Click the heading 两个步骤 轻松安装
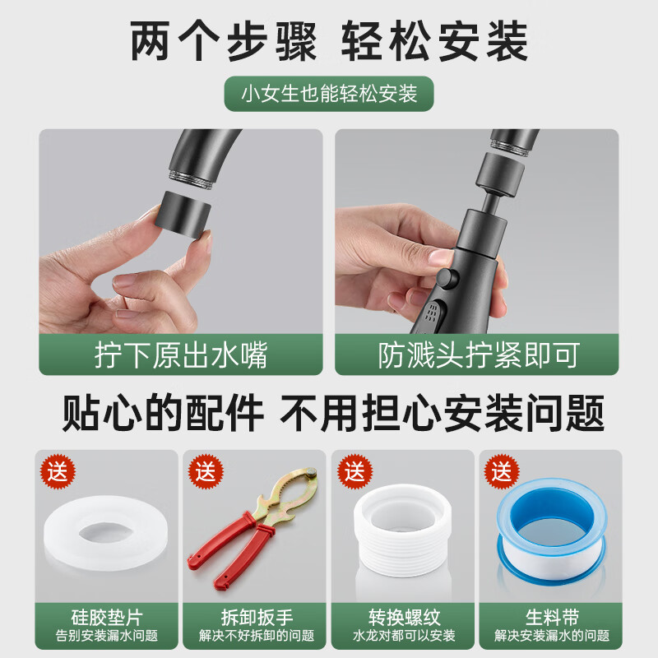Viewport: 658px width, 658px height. click(x=329, y=41)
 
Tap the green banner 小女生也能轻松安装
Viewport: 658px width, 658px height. click(x=329, y=93)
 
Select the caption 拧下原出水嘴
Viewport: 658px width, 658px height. click(x=180, y=355)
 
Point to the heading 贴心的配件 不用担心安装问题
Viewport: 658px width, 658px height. click(x=329, y=412)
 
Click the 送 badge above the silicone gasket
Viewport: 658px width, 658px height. click(x=59, y=472)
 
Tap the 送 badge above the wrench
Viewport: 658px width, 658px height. click(x=206, y=472)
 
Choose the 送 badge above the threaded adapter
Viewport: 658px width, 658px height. click(x=354, y=472)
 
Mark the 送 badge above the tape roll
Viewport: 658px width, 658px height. click(x=500, y=472)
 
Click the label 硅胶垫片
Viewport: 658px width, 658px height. click(x=107, y=616)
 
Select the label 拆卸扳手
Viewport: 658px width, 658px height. click(x=255, y=616)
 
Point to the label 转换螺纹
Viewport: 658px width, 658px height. click(x=403, y=616)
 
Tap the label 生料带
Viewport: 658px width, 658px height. click(x=551, y=616)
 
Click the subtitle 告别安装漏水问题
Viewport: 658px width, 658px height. click(x=107, y=636)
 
